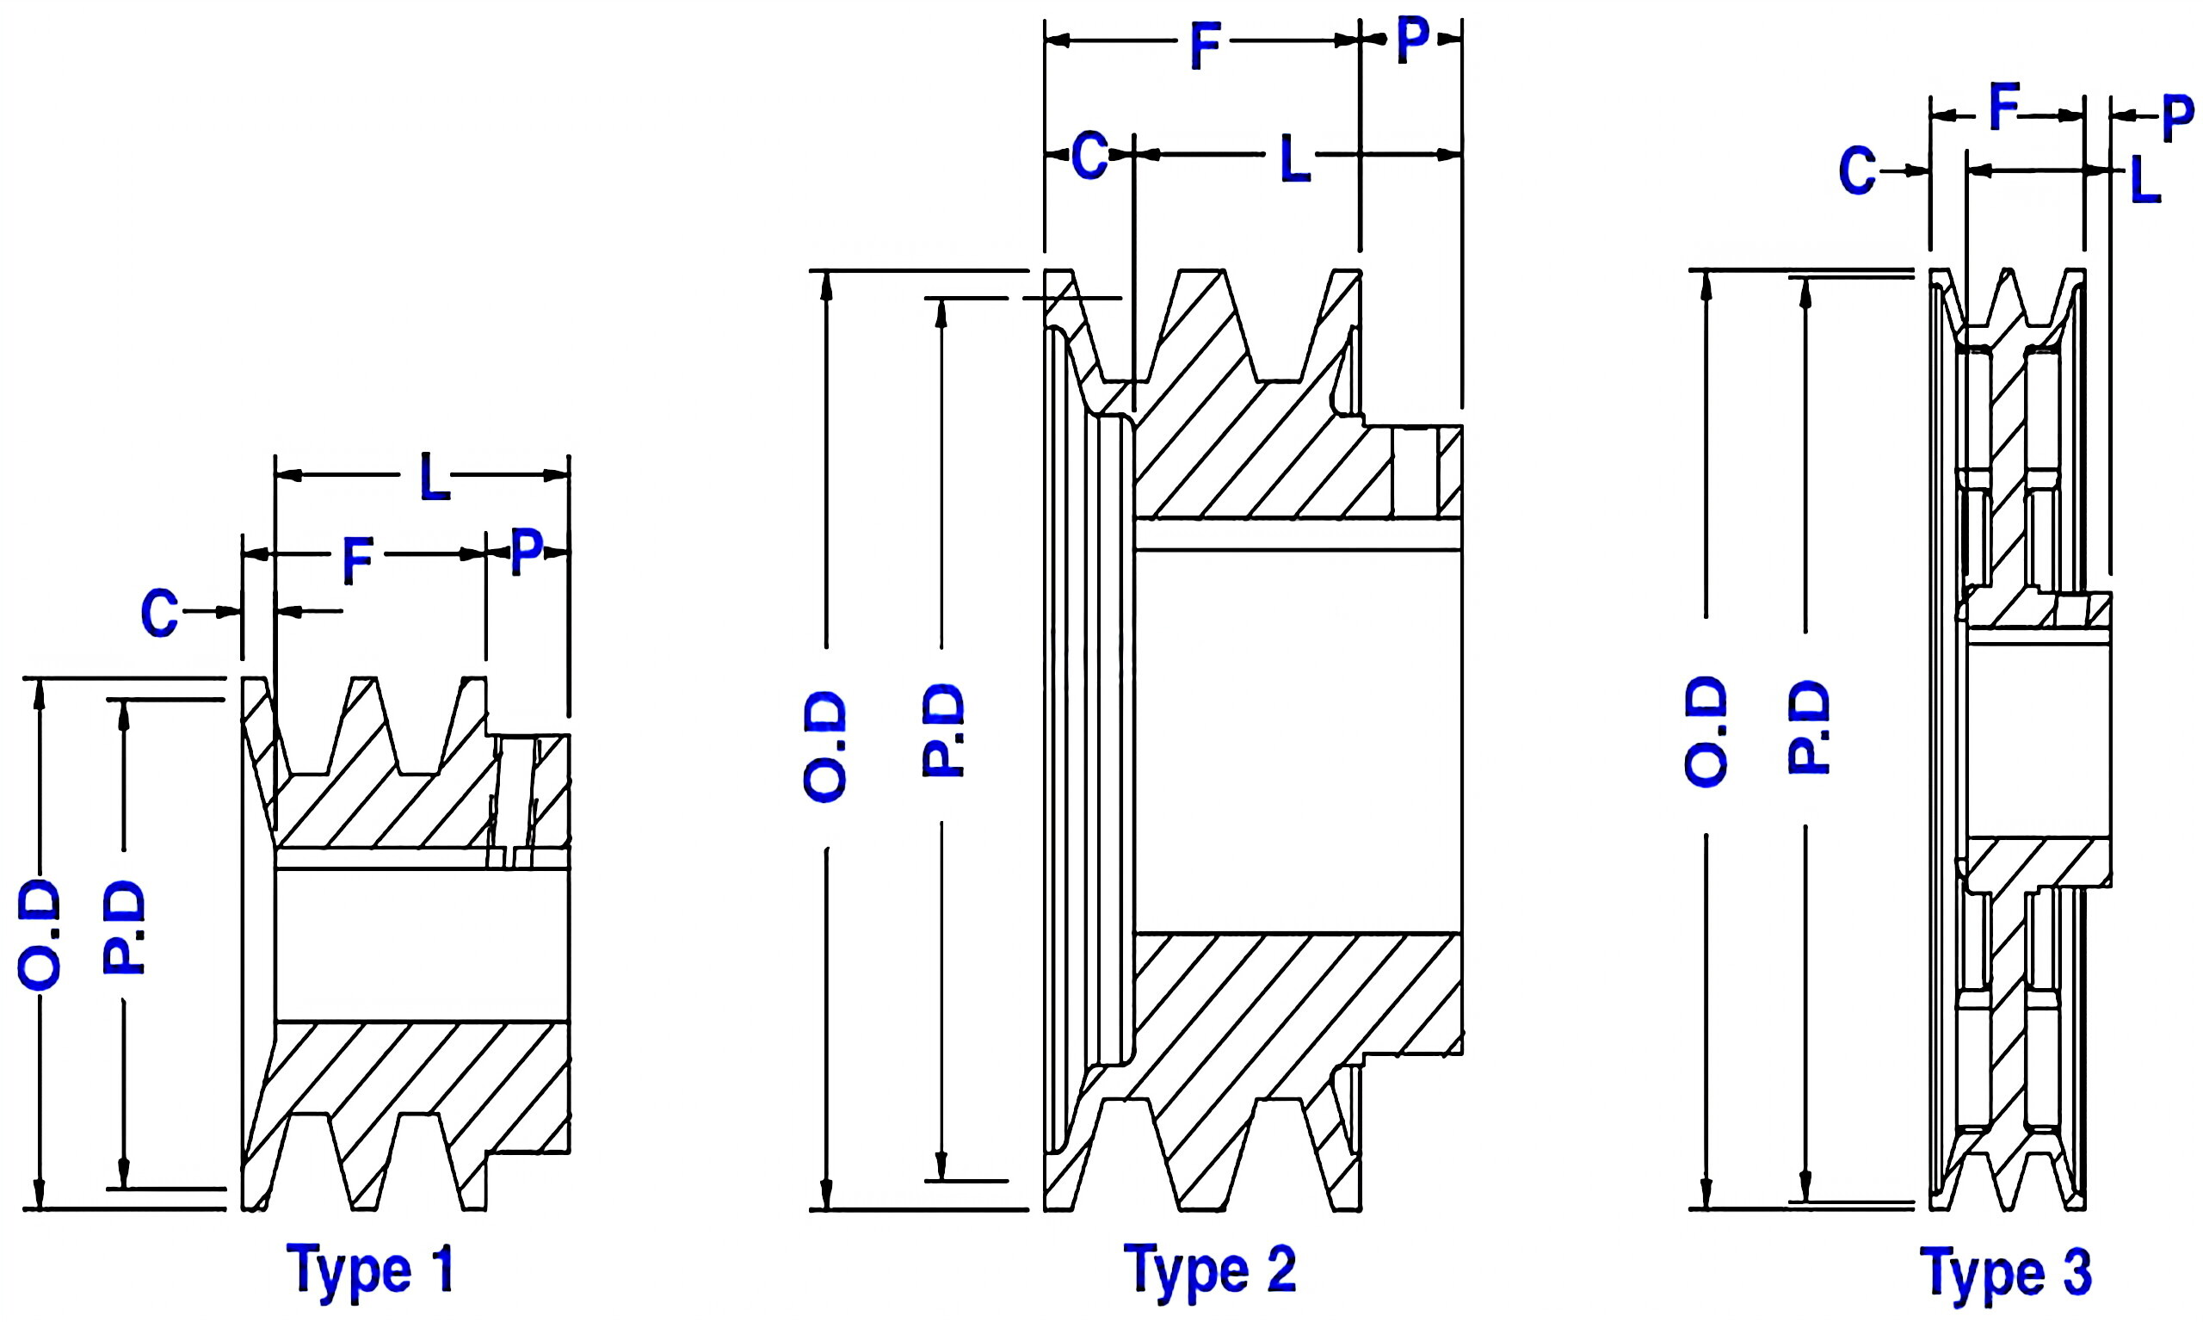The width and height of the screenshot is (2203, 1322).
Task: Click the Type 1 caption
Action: click(x=369, y=1269)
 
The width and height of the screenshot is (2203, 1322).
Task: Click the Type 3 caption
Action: click(x=2005, y=1272)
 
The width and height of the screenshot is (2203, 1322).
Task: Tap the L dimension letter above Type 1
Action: click(x=435, y=478)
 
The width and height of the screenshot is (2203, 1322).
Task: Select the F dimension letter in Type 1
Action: click(x=358, y=561)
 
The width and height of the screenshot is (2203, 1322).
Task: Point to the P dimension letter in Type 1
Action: click(x=527, y=552)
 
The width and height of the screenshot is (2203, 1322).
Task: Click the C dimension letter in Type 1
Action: click(x=159, y=614)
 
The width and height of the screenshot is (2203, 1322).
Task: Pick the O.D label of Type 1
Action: click(x=40, y=935)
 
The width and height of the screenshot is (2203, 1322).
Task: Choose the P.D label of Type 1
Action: click(x=124, y=927)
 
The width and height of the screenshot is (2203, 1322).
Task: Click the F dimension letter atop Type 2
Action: click(x=1204, y=47)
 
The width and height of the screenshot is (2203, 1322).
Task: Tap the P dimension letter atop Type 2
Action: click(x=1412, y=40)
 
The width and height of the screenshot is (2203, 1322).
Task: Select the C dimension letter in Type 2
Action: click(x=1089, y=156)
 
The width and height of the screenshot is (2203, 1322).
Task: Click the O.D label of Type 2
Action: click(x=824, y=746)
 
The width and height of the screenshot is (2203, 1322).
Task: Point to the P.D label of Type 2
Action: click(x=942, y=731)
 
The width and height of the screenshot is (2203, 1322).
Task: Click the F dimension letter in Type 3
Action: click(x=2004, y=108)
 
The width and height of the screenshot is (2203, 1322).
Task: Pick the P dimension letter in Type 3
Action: click(x=2178, y=119)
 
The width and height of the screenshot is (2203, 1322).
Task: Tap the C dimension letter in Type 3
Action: click(x=1858, y=171)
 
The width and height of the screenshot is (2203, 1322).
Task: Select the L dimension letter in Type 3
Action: click(x=2145, y=181)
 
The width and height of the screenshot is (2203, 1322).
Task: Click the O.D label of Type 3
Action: click(x=1706, y=731)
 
